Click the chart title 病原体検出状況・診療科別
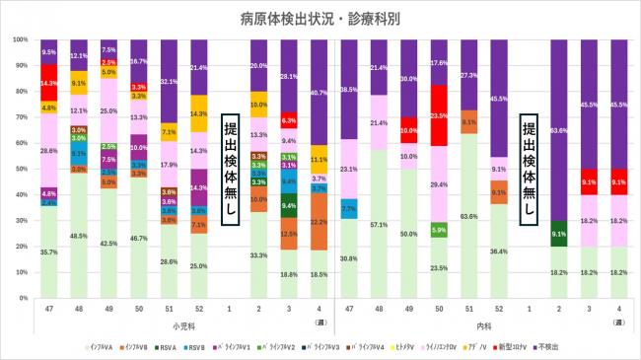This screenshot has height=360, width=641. [x=320, y=19]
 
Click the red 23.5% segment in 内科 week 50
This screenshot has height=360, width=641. [x=440, y=115]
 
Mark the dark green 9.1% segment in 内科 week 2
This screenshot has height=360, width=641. [x=558, y=235]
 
